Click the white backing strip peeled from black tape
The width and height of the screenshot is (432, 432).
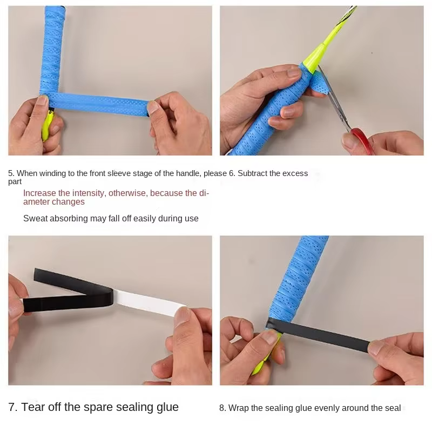[x=149, y=302]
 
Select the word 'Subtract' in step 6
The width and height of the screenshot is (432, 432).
[x=252, y=173]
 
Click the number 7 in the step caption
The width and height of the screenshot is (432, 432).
[x=11, y=407]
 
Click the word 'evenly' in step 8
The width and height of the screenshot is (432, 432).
[x=327, y=408]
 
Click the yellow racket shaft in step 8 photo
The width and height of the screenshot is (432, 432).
[x=266, y=355]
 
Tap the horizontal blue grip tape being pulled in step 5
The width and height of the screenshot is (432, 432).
[x=99, y=103]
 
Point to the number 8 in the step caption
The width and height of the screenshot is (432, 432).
[x=222, y=408]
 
